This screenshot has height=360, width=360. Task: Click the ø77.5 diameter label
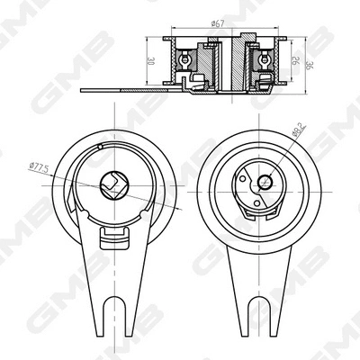pyautogui.click(x=38, y=166)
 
